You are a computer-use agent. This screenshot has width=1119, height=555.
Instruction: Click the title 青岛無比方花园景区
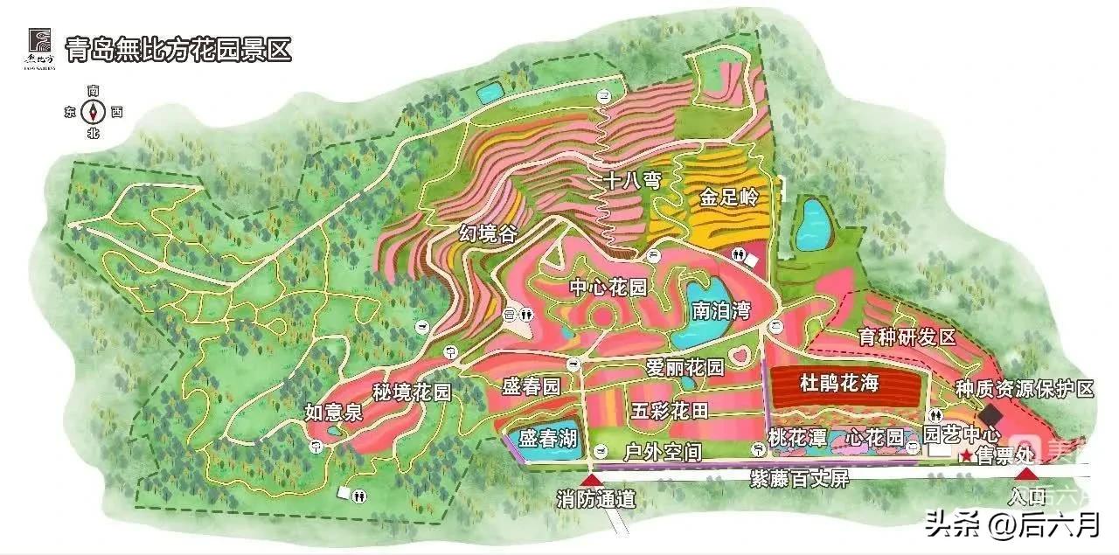click(178, 49)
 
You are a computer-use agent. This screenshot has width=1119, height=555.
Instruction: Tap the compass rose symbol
click(94, 112)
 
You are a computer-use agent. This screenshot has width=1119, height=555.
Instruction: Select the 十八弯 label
click(632, 181)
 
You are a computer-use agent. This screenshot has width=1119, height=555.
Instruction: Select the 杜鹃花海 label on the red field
click(838, 382)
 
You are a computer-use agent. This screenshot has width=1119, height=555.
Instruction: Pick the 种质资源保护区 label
click(1024, 389)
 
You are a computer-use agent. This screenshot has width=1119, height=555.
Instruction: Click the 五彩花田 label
click(671, 409)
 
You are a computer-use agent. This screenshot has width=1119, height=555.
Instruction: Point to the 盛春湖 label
click(547, 438)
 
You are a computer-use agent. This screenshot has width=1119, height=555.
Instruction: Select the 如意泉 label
click(333, 413)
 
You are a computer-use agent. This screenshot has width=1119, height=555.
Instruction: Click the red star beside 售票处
click(966, 457)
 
